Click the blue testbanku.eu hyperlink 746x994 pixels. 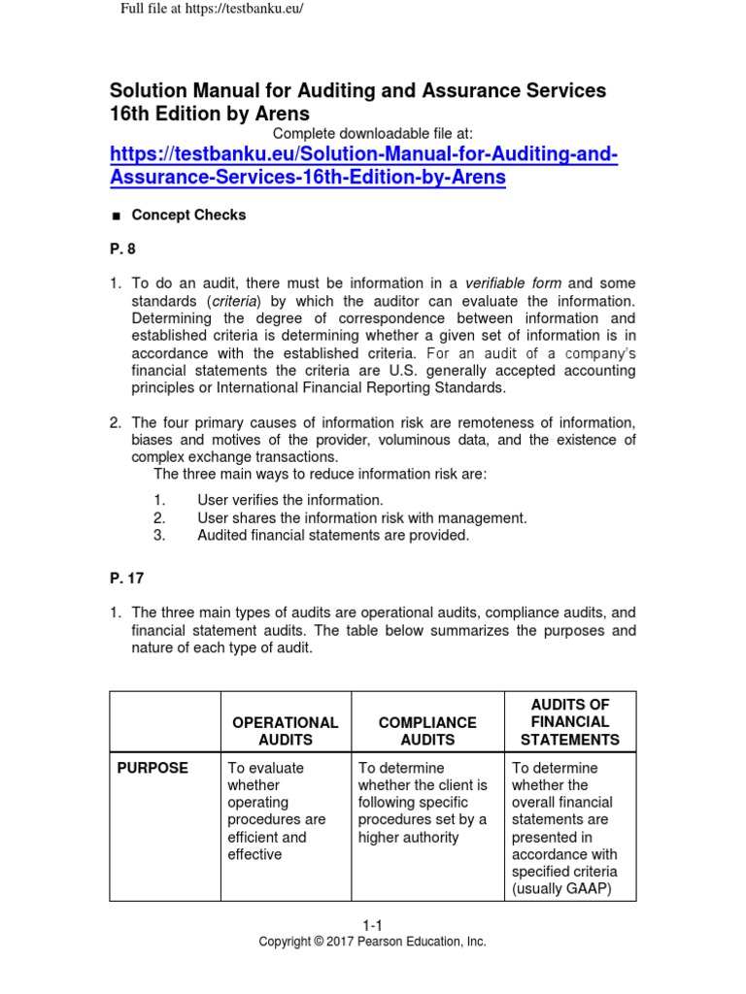(x=363, y=167)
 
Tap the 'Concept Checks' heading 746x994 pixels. (x=188, y=215)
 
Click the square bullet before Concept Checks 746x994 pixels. (x=115, y=216)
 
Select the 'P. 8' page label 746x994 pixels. (x=121, y=249)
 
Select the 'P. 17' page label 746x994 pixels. (x=125, y=580)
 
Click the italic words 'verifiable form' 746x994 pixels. (x=513, y=283)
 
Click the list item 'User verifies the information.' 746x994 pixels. (x=284, y=500)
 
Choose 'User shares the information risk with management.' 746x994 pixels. (x=361, y=517)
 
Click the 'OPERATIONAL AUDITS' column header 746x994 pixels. (x=285, y=731)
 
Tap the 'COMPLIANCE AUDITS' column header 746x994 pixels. (x=427, y=731)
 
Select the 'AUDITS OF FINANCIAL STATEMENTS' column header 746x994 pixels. (x=569, y=721)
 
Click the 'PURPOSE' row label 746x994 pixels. (x=153, y=768)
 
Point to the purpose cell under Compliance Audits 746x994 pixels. (x=423, y=802)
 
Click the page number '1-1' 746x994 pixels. (x=372, y=926)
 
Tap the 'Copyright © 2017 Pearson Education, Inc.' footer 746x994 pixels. (x=372, y=942)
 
